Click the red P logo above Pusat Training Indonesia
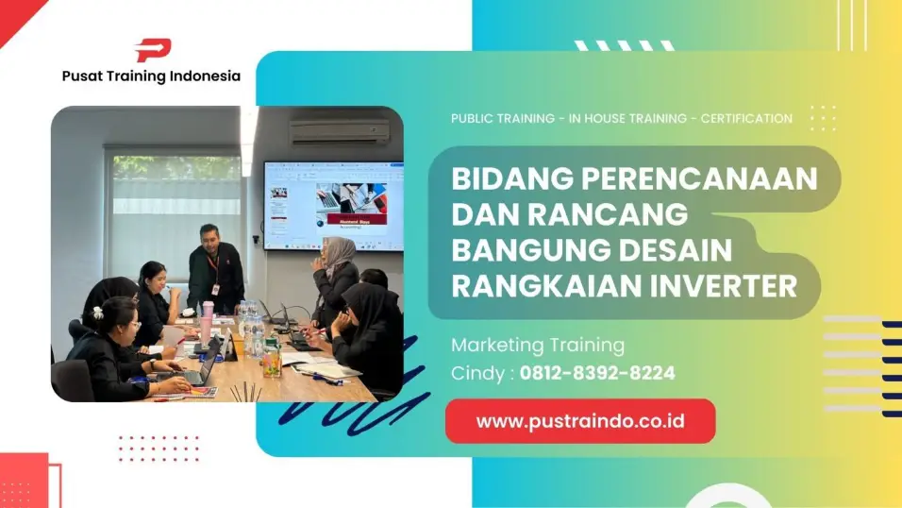tap(153, 50)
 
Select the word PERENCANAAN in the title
tap(699, 178)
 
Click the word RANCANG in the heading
tap(608, 214)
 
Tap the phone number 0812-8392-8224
tap(597, 373)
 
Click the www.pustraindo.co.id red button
tap(580, 421)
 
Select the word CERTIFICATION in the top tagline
tap(746, 119)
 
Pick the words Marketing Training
tap(538, 346)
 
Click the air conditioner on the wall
tap(340, 132)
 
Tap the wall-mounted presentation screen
tap(333, 206)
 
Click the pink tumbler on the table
tap(207, 323)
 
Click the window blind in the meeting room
tap(176, 213)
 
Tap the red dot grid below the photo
tap(159, 449)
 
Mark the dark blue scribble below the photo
tap(354, 398)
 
